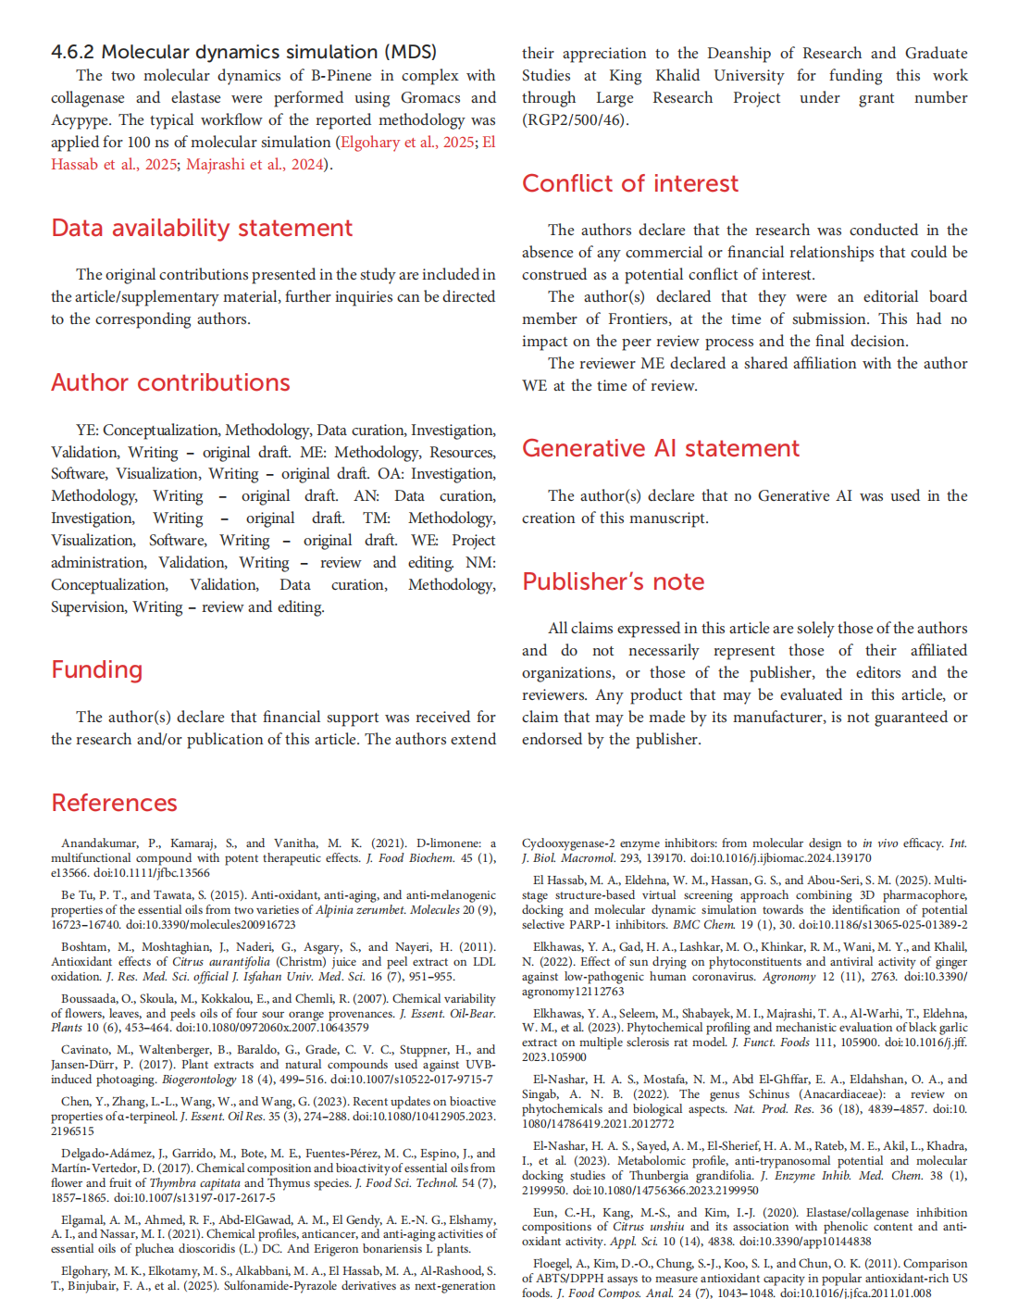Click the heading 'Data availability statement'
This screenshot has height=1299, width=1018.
click(x=202, y=228)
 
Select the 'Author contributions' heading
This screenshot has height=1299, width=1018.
click(x=170, y=382)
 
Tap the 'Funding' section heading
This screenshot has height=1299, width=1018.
click(x=97, y=669)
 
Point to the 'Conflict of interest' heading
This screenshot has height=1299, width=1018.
click(x=630, y=183)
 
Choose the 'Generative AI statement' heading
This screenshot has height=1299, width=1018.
click(x=660, y=448)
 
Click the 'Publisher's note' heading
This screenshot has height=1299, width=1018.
click(x=613, y=581)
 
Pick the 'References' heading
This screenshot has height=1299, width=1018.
click(x=114, y=803)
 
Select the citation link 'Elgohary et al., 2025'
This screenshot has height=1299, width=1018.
click(x=406, y=143)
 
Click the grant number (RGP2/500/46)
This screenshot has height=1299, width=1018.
click(x=574, y=120)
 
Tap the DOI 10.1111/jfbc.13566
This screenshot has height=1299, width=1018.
click(x=152, y=873)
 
